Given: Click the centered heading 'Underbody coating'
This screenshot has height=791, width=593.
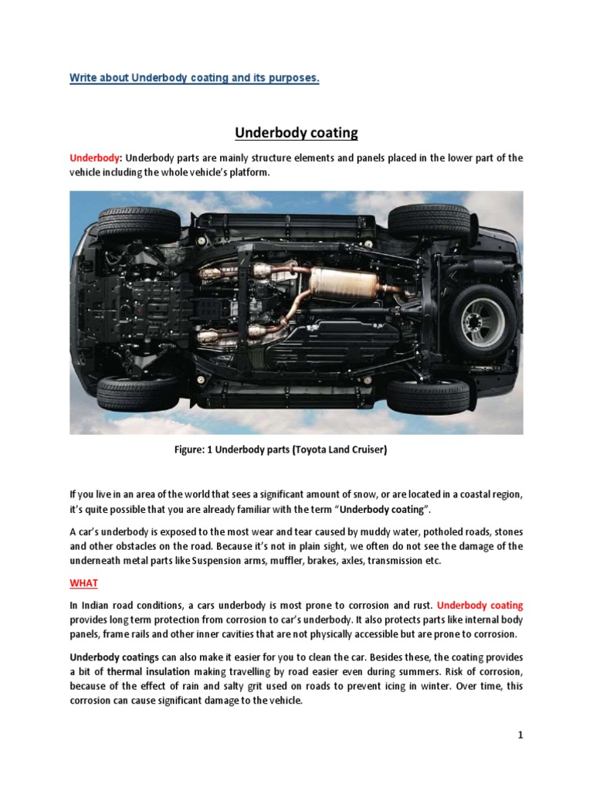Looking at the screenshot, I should [x=296, y=133].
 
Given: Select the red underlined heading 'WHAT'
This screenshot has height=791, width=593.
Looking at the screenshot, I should [x=84, y=582].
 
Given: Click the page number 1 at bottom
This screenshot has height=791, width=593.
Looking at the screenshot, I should [x=520, y=735].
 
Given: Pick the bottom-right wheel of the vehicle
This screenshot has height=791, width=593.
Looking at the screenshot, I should [x=429, y=395].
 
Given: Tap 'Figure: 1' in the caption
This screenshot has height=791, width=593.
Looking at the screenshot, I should [x=198, y=451].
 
